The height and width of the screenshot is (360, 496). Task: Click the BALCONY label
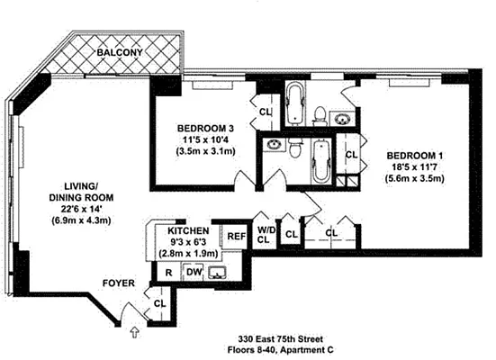120,53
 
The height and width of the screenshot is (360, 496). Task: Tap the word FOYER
118,283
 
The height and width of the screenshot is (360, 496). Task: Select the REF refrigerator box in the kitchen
236,237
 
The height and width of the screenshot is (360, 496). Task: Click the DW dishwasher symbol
193,273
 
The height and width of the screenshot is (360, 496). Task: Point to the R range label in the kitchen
169,273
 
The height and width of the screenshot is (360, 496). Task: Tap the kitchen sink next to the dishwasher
219,273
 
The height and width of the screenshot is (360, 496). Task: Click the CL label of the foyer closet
159,303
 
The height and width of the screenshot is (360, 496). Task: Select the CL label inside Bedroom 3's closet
265,112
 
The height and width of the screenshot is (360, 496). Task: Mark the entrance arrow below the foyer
135,334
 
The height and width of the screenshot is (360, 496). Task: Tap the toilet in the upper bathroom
320,113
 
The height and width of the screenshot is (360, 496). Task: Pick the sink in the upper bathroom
343,117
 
